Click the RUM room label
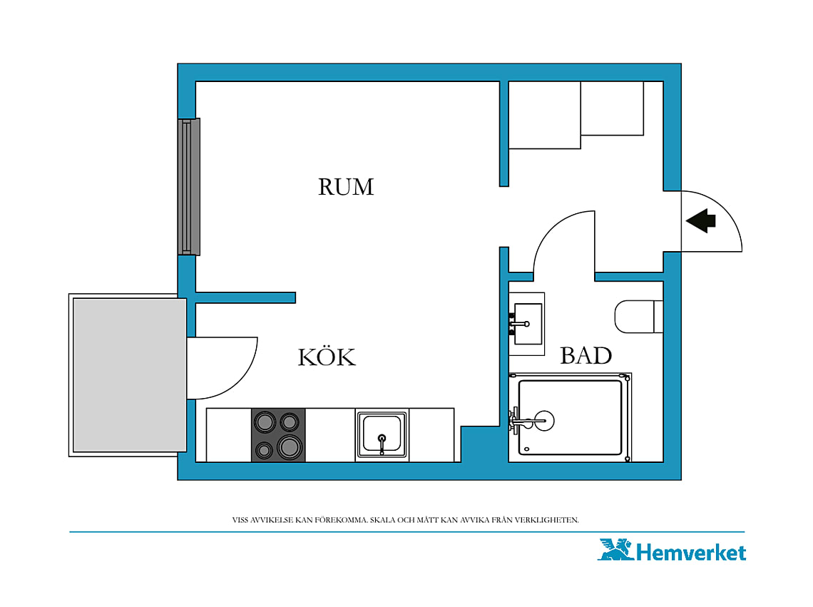coord(346,187)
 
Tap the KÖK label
coord(327,356)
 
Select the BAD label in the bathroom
coord(586,356)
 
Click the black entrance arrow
coord(701,220)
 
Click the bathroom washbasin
coord(526,325)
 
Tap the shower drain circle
coord(544,420)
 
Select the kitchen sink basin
coord(382,434)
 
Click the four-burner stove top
coord(278,435)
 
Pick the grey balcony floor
coord(130,375)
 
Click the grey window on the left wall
coord(189,187)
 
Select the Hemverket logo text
coord(690,553)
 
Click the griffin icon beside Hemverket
coord(615,549)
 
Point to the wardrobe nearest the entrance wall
coord(613,108)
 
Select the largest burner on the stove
coord(290,447)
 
